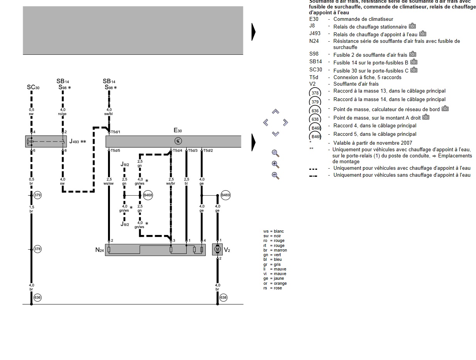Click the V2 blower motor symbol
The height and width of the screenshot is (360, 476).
218,249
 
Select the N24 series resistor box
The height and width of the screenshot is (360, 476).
155,250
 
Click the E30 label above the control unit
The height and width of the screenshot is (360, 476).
177,131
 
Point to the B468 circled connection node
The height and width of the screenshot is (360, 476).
148,195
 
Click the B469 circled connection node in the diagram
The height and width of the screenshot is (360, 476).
226,195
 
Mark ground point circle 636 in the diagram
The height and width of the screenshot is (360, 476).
37,297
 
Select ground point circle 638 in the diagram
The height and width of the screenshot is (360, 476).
223,297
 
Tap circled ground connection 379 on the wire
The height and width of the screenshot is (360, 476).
37,195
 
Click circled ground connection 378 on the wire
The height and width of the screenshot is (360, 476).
37,249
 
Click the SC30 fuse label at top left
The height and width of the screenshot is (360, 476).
33,88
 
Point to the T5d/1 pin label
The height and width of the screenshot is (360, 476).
116,132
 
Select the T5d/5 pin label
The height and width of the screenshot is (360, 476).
116,150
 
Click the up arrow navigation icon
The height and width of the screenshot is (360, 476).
275,112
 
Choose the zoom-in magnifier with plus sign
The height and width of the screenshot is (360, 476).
275,164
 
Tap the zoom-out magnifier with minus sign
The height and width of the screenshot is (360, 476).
275,176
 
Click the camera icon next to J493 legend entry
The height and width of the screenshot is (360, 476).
423,34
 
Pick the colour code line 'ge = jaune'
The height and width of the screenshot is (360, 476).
273,279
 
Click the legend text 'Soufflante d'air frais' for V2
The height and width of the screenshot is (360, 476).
356,84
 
